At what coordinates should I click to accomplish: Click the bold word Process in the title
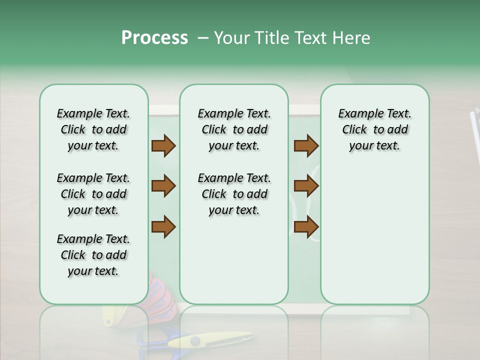[154, 38]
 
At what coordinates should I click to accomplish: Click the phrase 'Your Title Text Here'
[292, 38]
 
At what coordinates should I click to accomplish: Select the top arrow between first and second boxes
[163, 145]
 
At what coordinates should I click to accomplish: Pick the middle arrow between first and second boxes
[163, 186]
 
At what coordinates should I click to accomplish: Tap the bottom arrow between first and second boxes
[163, 226]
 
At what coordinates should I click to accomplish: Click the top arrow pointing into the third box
[306, 145]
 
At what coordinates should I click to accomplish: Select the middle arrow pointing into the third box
[306, 186]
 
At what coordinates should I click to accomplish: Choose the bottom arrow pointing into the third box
[306, 226]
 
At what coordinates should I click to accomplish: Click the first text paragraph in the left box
[93, 129]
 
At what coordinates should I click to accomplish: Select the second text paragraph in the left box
[93, 194]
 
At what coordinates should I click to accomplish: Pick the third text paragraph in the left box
[93, 255]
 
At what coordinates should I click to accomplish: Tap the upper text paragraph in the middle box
[234, 129]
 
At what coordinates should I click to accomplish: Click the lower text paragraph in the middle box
[234, 194]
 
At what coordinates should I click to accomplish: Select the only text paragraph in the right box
[374, 129]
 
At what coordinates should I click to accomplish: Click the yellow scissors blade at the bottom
[210, 341]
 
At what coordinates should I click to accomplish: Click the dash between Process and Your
[202, 38]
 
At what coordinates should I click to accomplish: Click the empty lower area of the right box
[374, 235]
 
